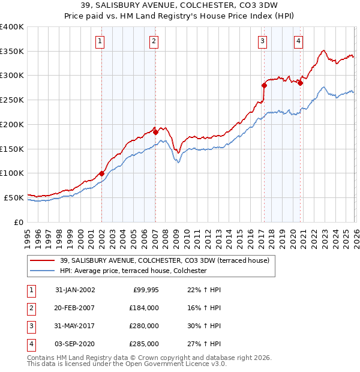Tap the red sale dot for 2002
point(101,173)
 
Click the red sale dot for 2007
point(155,132)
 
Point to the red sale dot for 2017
point(264,85)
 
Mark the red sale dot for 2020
point(300,83)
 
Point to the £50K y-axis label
point(14,197)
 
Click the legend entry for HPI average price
point(133,271)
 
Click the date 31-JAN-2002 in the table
point(74,290)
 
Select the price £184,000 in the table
point(144,308)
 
